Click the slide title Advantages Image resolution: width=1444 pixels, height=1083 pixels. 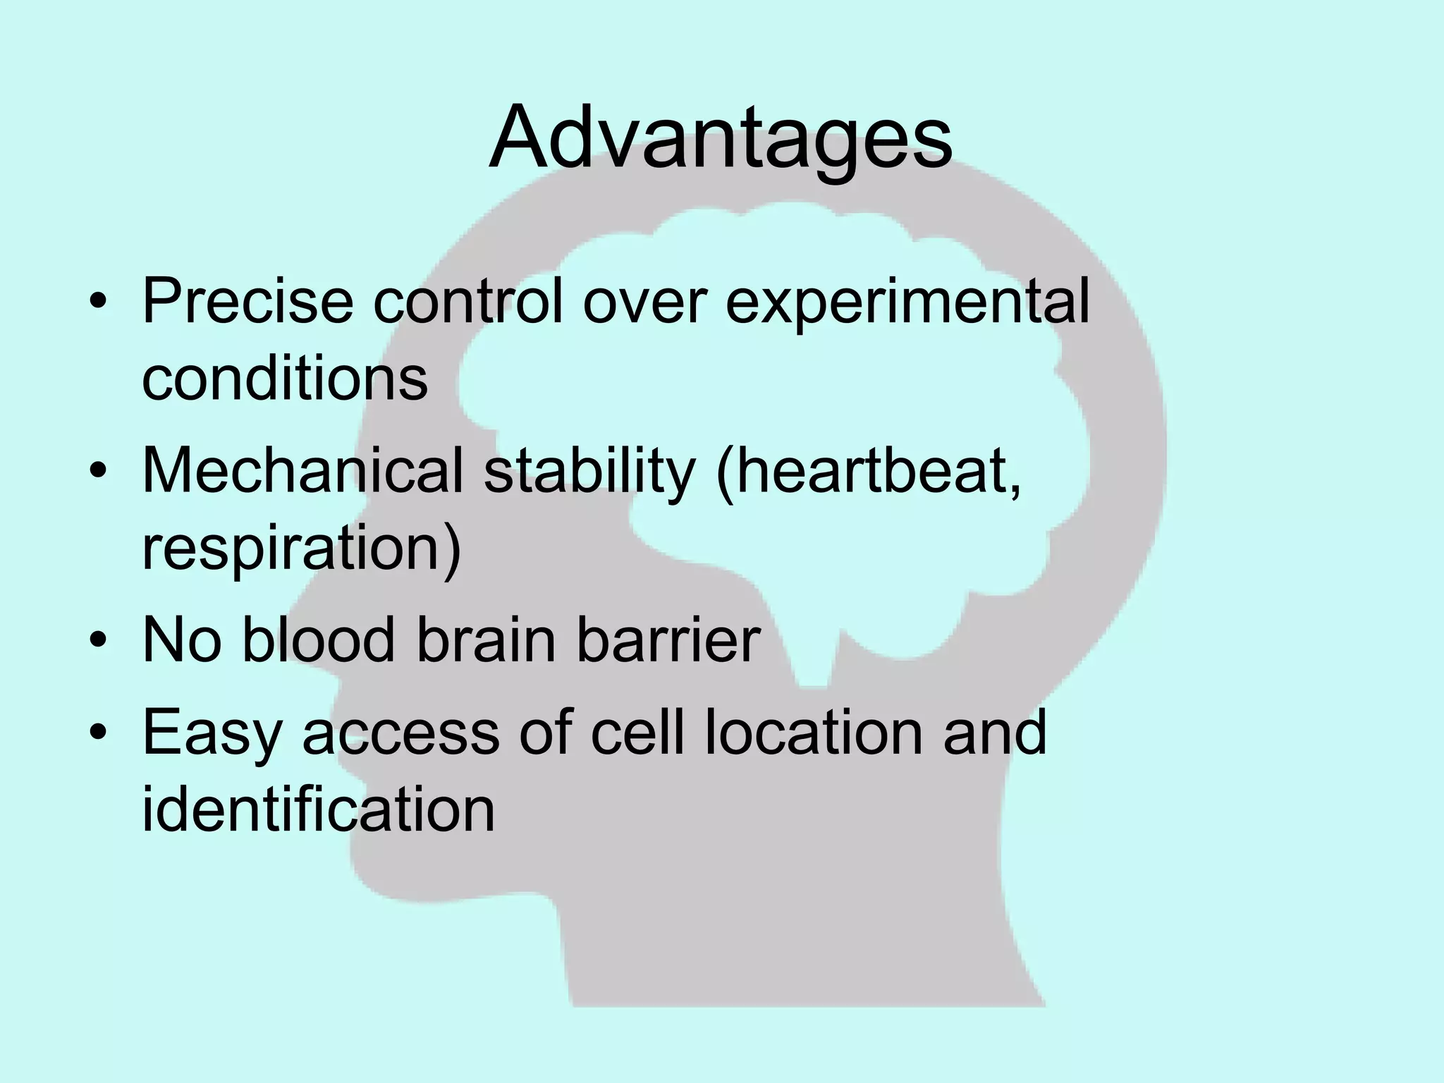[x=720, y=137]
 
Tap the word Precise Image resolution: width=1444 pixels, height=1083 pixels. [x=247, y=302]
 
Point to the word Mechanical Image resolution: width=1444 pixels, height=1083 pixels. [x=302, y=470]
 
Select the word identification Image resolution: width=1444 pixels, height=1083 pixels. [x=318, y=809]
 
